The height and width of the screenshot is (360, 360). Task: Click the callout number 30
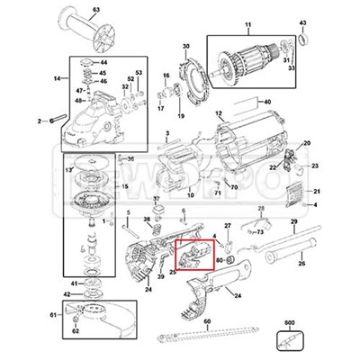pos(186,46)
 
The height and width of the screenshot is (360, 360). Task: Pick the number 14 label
pos(57,79)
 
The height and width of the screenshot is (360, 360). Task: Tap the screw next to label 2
pos(53,119)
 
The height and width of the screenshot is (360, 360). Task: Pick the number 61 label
pos(53,315)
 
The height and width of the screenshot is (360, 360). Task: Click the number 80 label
pos(219,262)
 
